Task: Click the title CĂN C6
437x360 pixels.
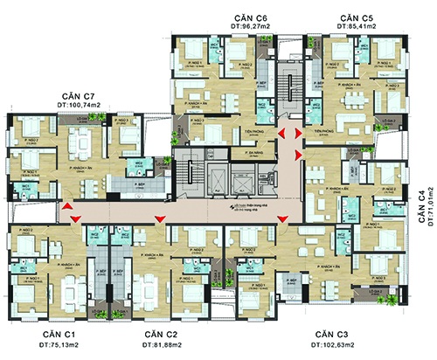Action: click(x=250, y=18)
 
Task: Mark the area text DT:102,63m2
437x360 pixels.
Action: click(x=332, y=347)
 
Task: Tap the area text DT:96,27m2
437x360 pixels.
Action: click(x=250, y=29)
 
